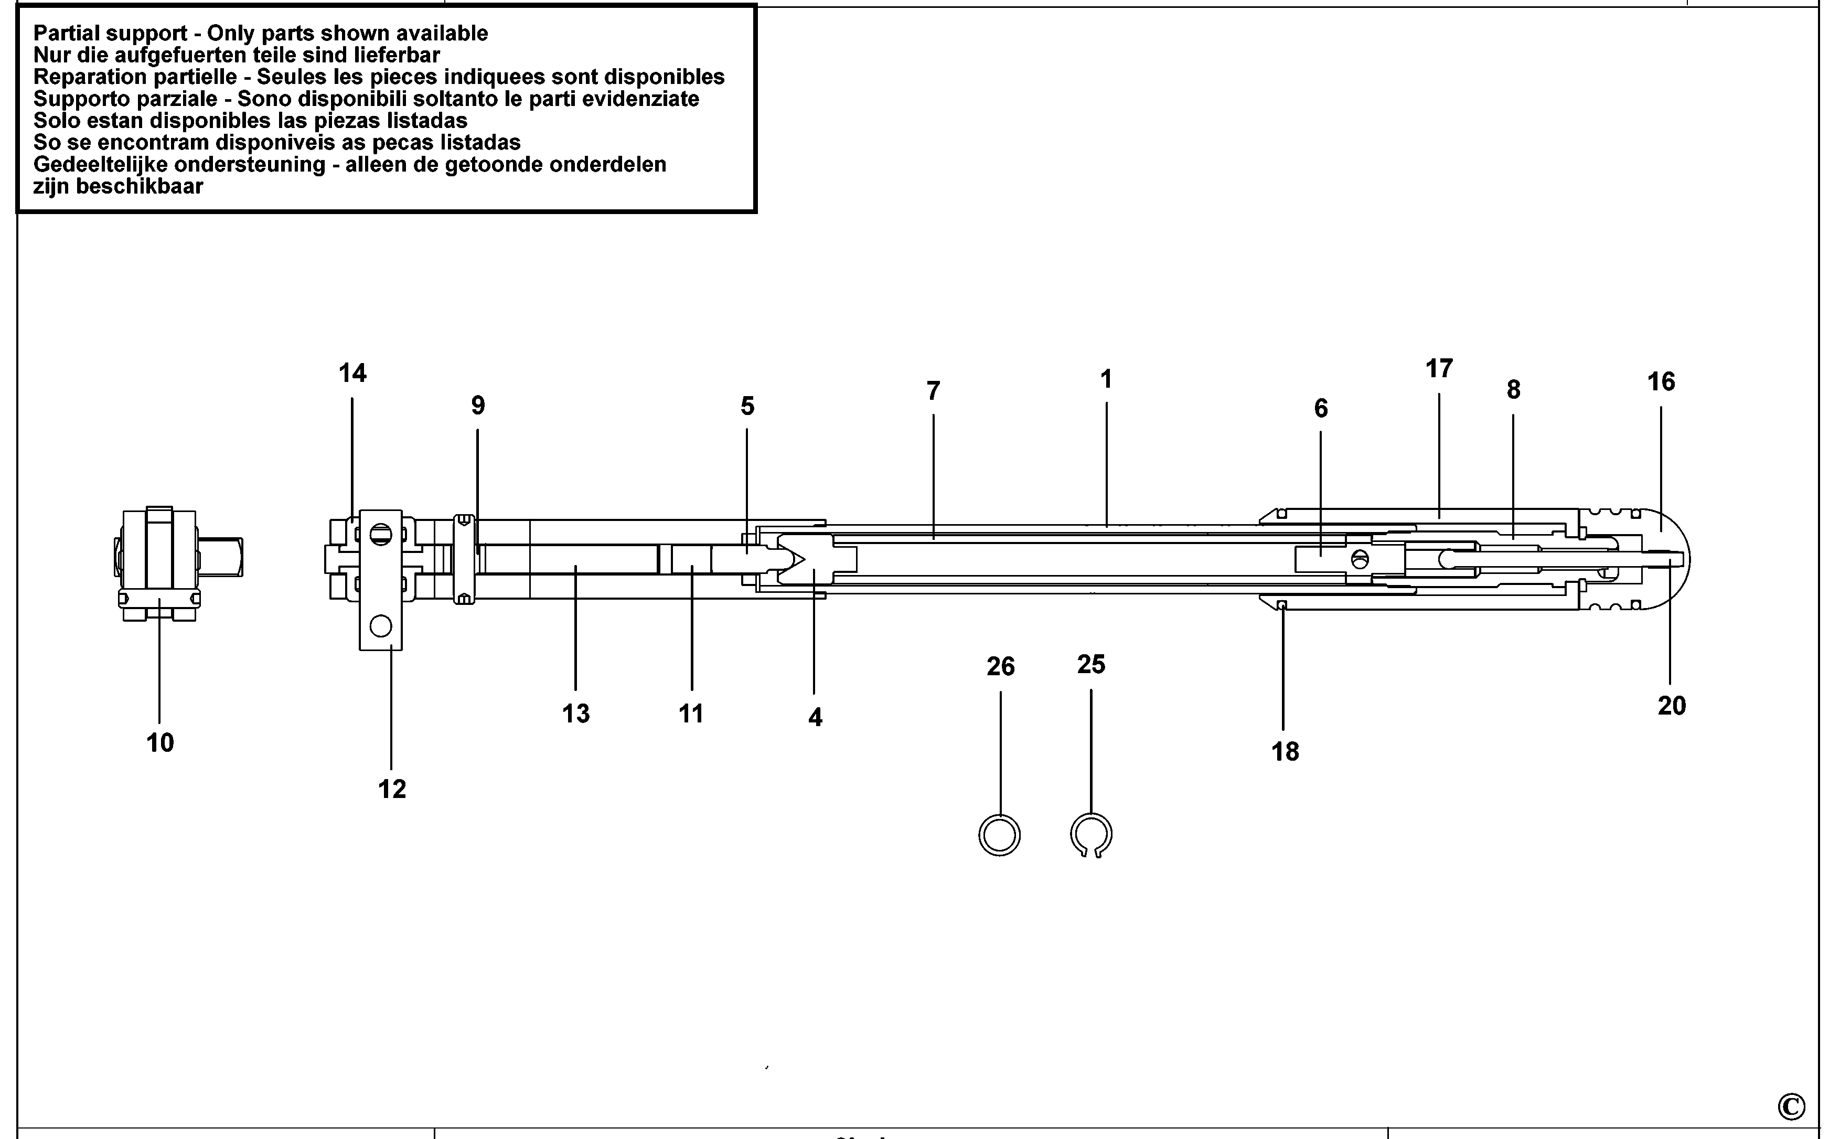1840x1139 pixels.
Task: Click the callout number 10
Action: tap(159, 743)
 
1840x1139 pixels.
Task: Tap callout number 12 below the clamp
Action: tap(392, 789)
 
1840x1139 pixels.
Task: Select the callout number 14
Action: tap(352, 373)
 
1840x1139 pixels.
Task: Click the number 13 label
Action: tap(576, 714)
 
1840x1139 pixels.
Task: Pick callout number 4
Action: tap(815, 717)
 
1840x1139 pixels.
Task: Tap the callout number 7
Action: tap(933, 391)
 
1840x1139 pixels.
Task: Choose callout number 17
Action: tap(1439, 368)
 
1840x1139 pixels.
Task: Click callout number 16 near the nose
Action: tap(1661, 382)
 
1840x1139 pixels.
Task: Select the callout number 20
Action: tap(1671, 706)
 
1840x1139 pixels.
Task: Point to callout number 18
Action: tap(1285, 751)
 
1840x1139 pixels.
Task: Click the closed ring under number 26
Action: tap(999, 835)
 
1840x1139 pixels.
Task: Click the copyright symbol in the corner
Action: tap(1791, 1106)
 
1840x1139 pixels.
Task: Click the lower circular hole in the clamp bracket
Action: tap(381, 625)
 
